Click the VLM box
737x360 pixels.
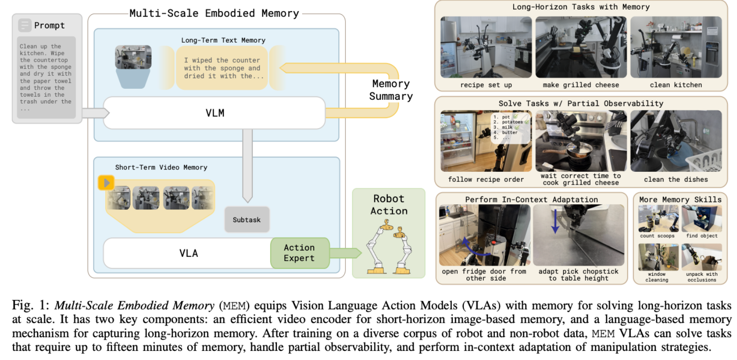click(x=214, y=113)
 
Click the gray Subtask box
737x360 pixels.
click(x=247, y=219)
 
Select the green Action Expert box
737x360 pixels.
click(x=300, y=253)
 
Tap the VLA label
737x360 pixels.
click(x=189, y=253)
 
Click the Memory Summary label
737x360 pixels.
click(x=391, y=90)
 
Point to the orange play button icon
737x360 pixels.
click(x=106, y=183)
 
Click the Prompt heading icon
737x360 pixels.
click(x=25, y=25)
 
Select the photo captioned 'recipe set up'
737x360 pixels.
click(x=486, y=47)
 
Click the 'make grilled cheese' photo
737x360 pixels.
click(x=581, y=47)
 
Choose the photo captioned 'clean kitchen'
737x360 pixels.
click(x=676, y=47)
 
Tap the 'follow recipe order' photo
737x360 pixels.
click(x=486, y=141)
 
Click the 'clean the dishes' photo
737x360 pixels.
click(x=676, y=141)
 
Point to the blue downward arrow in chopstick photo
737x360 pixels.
click(x=555, y=221)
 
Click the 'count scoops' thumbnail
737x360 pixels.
click(x=658, y=218)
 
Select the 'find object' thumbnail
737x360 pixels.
click(x=702, y=218)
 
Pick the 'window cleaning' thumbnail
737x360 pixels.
click(x=658, y=257)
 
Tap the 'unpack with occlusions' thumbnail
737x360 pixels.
click(x=702, y=257)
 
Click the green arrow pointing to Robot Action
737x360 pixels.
click(x=346, y=253)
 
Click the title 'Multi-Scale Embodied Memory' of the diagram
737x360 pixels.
click(x=214, y=13)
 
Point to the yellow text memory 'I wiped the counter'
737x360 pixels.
click(x=222, y=68)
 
